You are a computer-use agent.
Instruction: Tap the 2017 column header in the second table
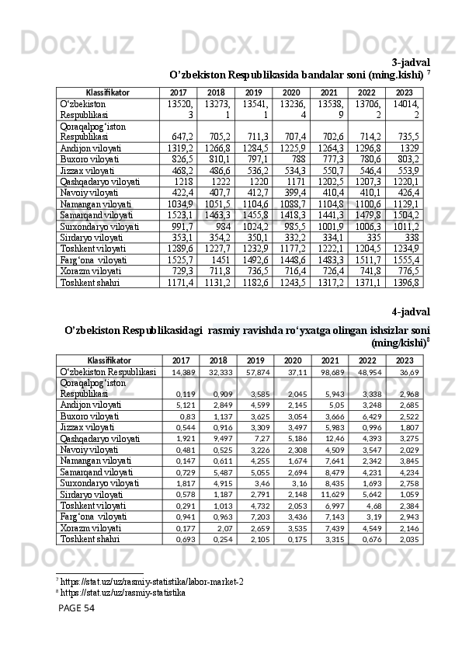pos(180,361)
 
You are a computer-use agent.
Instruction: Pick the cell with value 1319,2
pos(180,148)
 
